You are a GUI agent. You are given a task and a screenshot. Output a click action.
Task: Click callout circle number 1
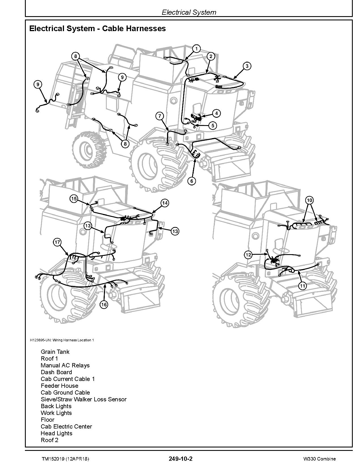196,49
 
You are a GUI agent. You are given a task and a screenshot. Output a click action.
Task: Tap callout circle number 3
247,66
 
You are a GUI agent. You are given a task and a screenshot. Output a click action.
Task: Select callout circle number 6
192,181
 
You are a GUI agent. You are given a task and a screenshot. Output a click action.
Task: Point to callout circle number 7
160,116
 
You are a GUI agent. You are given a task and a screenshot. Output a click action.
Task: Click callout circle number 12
248,255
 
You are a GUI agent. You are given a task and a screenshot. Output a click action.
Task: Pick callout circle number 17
57,242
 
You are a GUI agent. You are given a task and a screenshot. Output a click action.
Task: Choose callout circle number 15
74,199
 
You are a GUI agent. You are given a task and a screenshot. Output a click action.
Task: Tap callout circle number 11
303,286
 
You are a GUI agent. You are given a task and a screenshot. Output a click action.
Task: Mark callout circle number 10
309,200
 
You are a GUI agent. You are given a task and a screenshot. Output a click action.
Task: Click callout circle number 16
104,304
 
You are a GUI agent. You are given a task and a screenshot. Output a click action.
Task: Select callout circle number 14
165,203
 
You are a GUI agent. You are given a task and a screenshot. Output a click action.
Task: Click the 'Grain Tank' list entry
55,352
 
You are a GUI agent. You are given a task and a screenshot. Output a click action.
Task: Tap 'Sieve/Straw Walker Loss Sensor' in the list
84,399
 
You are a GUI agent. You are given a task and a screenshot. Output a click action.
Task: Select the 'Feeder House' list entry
59,386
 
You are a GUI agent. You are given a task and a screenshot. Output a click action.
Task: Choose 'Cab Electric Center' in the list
66,427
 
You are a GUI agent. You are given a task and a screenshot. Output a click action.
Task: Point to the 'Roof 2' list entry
50,440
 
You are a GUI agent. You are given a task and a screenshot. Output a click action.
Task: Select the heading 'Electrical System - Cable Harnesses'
97,29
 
